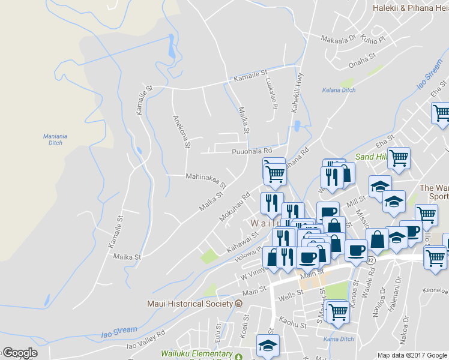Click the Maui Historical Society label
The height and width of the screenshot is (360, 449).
(x=190, y=304)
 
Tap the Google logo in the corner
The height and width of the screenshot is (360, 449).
(x=19, y=353)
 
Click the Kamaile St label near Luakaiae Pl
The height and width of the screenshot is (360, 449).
(x=250, y=76)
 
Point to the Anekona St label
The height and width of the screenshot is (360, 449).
(x=181, y=131)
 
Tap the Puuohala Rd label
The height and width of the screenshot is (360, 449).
(x=252, y=151)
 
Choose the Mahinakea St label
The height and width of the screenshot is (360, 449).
(x=206, y=179)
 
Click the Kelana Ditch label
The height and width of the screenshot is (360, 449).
(x=339, y=91)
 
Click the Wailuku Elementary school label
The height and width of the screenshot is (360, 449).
(x=196, y=355)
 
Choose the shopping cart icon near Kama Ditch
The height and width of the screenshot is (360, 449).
(x=338, y=312)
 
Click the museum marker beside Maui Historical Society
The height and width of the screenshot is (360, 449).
(x=239, y=304)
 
